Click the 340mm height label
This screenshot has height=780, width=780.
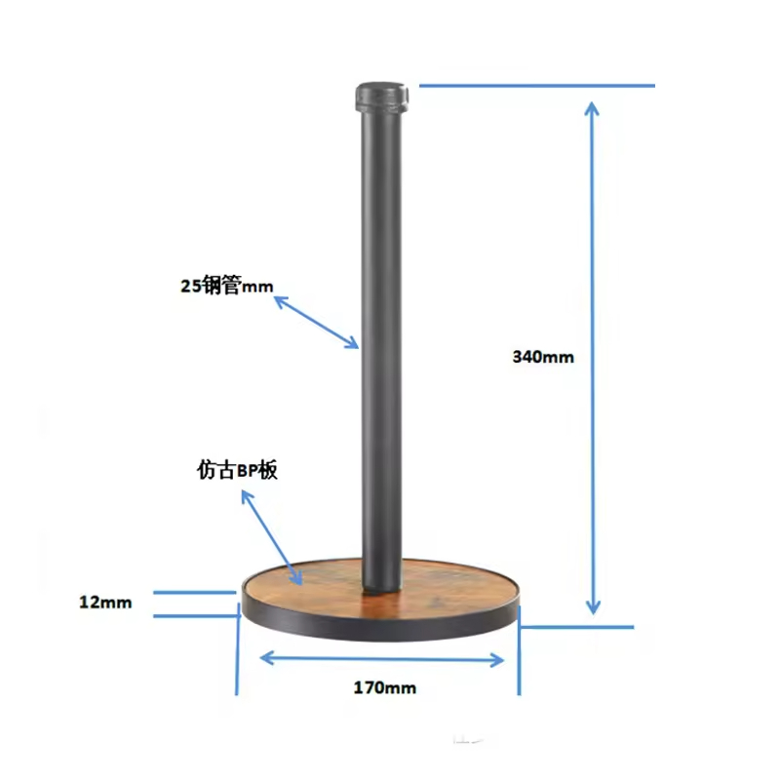[543, 357]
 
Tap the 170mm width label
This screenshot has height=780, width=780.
[384, 687]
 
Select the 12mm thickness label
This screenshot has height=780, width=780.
[104, 603]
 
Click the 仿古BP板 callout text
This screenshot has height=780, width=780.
[238, 471]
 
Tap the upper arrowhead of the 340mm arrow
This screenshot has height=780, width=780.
[592, 105]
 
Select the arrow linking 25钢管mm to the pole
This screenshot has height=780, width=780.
[316, 322]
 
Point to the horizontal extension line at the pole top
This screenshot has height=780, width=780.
[536, 85]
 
